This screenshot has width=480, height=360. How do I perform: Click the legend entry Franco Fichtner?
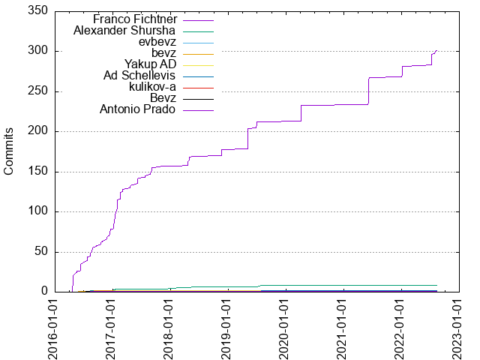click(135, 19)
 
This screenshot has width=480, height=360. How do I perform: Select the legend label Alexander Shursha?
click(124, 31)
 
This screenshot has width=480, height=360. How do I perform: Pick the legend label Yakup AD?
click(150, 64)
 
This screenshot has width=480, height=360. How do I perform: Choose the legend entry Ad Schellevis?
click(139, 76)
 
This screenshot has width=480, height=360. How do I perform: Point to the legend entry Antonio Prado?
click(138, 109)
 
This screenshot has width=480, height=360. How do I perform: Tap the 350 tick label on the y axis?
click(38, 11)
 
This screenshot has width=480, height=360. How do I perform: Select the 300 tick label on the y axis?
click(38, 51)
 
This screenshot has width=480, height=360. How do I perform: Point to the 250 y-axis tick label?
click(38, 91)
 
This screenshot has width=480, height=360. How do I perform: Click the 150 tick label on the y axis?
click(38, 171)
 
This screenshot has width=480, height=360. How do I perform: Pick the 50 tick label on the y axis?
click(41, 251)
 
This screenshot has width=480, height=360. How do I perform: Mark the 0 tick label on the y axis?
click(44, 291)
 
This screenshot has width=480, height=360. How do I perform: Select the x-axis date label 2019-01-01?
click(227, 326)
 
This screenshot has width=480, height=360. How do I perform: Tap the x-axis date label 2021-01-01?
click(343, 326)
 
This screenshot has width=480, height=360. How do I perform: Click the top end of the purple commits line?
click(436, 51)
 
